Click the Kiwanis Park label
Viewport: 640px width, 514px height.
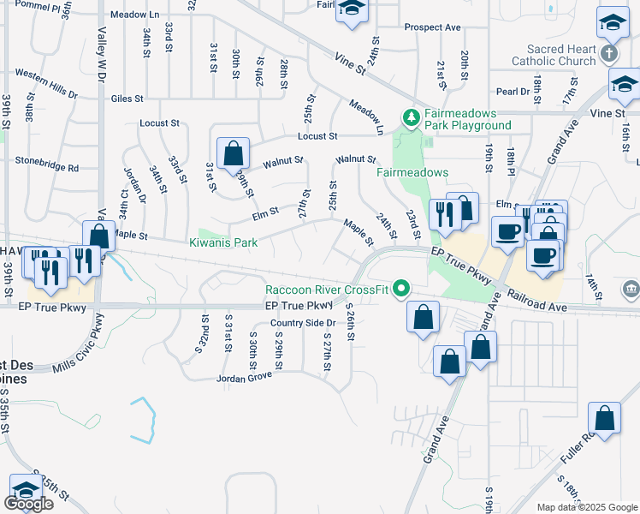pos(223,243)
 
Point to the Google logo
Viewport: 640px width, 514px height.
pos(28,503)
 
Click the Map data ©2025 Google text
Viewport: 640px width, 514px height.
pos(587,507)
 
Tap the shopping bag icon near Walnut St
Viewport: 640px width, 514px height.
pos(233,154)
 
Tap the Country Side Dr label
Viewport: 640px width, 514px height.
pos(302,323)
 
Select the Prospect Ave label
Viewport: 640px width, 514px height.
pos(433,27)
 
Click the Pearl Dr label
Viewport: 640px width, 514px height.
pos(513,92)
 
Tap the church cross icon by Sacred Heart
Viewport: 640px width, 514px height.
pos(608,54)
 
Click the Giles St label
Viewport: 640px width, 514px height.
pos(127,99)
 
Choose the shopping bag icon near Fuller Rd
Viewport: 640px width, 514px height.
pos(604,419)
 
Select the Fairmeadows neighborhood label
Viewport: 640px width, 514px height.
pos(412,172)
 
